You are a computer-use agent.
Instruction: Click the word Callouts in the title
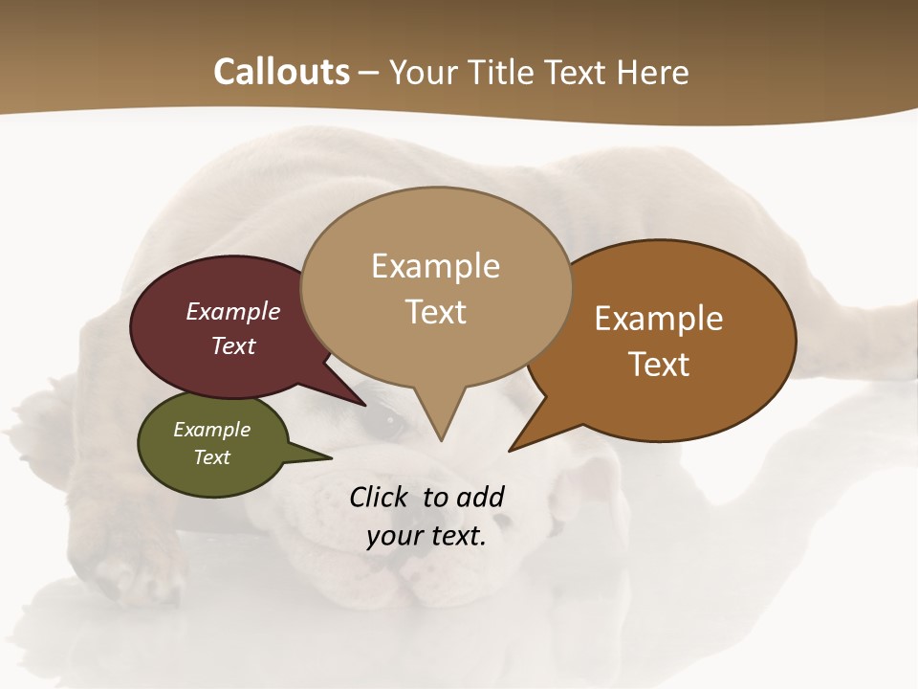(281, 72)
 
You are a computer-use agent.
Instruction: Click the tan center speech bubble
(436, 230)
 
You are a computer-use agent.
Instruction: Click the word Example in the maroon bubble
(233, 311)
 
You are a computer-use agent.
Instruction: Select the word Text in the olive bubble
(212, 457)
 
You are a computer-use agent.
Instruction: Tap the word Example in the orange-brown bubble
(659, 319)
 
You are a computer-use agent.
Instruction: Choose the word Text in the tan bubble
(436, 312)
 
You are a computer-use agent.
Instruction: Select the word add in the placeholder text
(479, 497)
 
